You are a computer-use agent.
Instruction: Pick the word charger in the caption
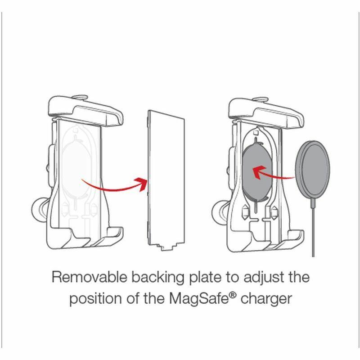(x=268, y=299)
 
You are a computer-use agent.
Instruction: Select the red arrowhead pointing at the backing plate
(x=143, y=183)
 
